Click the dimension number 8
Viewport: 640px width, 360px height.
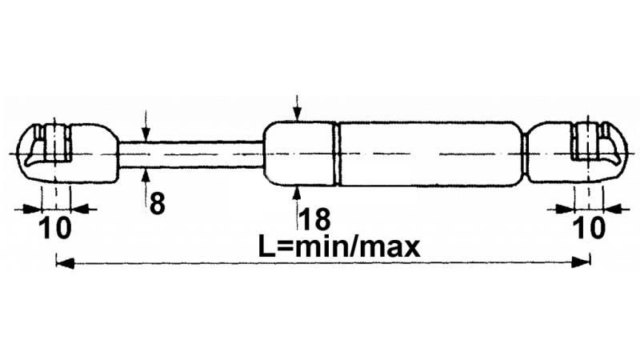(158, 203)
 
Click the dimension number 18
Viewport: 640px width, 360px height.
(314, 219)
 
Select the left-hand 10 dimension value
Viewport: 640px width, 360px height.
(55, 228)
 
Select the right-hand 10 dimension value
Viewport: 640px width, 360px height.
(589, 228)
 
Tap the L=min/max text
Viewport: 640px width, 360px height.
(338, 246)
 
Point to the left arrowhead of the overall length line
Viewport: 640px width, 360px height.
(66, 263)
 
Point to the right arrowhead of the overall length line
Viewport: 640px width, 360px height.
(581, 262)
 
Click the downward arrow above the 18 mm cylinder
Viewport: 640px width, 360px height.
(298, 108)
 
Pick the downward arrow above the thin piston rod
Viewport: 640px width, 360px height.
(146, 126)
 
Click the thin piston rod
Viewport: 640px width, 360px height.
(191, 154)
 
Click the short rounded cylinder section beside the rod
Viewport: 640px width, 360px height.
(298, 154)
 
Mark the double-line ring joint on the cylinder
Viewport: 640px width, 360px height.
(337, 154)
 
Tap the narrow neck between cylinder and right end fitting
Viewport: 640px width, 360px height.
(525, 154)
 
